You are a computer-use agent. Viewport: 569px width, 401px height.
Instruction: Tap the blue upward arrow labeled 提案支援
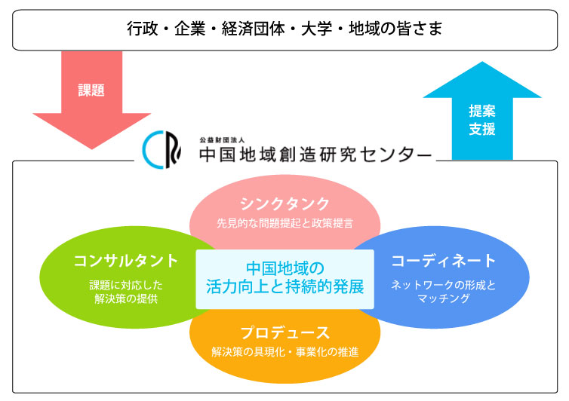tap(482, 112)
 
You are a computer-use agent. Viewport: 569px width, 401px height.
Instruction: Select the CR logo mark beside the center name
tap(161, 150)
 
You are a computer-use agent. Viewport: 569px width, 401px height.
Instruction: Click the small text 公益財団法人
tap(222, 139)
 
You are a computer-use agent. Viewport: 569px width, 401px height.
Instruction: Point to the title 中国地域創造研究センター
tap(315, 155)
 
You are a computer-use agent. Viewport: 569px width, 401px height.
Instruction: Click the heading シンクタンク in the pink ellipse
tap(284, 204)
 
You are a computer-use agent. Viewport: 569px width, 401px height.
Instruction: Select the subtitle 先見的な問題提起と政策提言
tap(284, 223)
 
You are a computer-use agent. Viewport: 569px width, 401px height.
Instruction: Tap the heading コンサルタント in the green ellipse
tap(126, 261)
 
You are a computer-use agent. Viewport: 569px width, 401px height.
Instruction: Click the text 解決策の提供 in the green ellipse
tap(126, 298)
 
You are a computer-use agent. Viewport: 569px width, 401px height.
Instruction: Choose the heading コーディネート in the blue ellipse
tap(444, 261)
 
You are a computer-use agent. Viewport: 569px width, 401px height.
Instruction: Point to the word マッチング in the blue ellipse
tap(444, 298)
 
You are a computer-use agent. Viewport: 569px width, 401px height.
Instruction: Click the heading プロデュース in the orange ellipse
tap(284, 332)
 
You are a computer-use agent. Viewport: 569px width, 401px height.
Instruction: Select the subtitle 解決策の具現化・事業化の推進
tap(284, 352)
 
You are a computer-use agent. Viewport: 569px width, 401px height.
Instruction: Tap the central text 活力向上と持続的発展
tap(284, 286)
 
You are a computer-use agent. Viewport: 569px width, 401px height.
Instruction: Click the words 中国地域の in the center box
tap(284, 268)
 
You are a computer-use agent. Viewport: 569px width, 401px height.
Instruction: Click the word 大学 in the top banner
tap(316, 29)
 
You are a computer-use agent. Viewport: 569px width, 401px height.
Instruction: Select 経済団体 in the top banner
tap(254, 29)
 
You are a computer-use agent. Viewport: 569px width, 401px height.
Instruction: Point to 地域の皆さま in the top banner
tap(395, 29)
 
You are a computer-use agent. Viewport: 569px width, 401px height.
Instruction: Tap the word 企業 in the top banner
tap(189, 29)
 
